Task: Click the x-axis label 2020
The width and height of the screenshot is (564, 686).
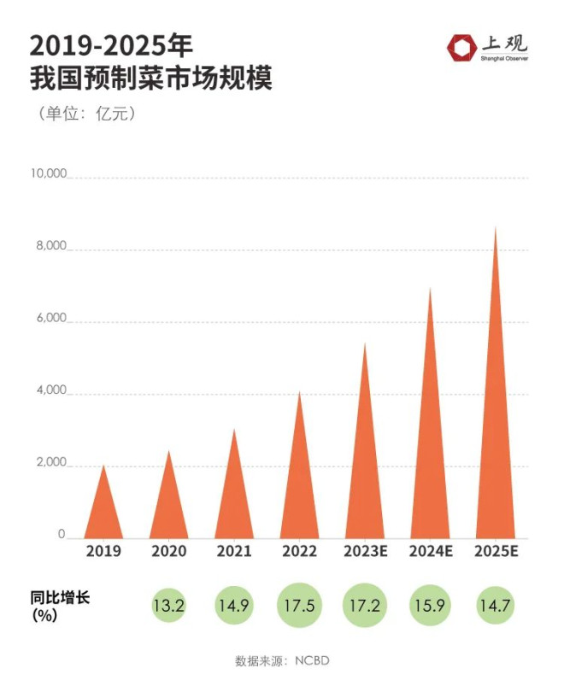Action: pyautogui.click(x=168, y=552)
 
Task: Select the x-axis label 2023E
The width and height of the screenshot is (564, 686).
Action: pyautogui.click(x=365, y=552)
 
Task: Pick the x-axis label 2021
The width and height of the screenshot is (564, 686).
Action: pyautogui.click(x=234, y=552)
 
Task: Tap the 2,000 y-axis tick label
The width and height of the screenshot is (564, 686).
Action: pyautogui.click(x=50, y=463)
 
